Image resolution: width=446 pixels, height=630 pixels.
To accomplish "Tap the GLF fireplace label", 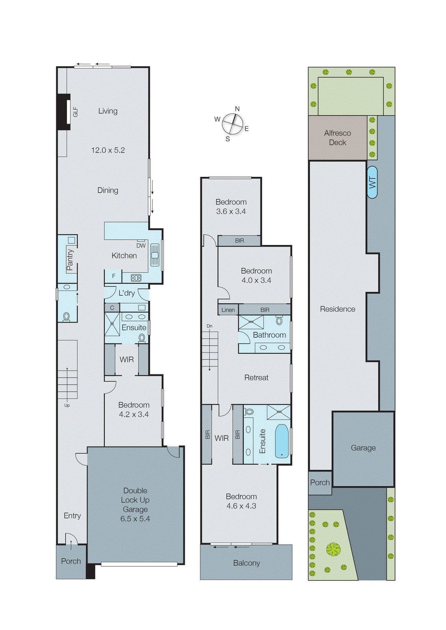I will (x=75, y=112).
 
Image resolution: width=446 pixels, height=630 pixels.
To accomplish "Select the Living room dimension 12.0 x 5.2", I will (x=108, y=150).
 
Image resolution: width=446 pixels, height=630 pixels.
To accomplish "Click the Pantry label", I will (x=70, y=259).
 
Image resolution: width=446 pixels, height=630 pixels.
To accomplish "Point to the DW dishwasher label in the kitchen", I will (x=141, y=246).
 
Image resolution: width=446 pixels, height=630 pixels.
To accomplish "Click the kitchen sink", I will (x=155, y=255).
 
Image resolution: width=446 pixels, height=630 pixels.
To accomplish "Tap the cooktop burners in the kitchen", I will (x=136, y=278).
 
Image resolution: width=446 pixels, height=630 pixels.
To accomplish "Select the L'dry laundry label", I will (x=126, y=293).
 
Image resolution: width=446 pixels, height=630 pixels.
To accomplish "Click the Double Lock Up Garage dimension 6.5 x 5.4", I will (x=135, y=519).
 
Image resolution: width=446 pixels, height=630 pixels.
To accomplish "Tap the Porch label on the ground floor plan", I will (x=71, y=561).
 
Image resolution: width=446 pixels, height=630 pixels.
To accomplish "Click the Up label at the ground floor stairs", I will (x=67, y=405).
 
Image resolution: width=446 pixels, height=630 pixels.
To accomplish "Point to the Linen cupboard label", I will (x=228, y=310).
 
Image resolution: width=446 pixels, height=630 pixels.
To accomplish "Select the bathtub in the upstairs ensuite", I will (x=281, y=441).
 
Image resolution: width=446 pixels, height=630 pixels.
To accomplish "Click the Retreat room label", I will (x=256, y=378).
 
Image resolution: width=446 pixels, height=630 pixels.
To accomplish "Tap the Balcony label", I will (x=246, y=563).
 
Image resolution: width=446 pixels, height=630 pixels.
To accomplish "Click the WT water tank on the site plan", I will (x=372, y=182).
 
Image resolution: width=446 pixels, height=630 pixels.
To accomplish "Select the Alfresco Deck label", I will (x=337, y=138).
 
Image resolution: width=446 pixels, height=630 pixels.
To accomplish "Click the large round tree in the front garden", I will (x=333, y=549).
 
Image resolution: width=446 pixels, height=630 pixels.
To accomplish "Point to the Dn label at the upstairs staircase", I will (x=209, y=326).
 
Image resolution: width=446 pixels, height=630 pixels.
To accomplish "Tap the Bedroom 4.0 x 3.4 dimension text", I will (x=256, y=280).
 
